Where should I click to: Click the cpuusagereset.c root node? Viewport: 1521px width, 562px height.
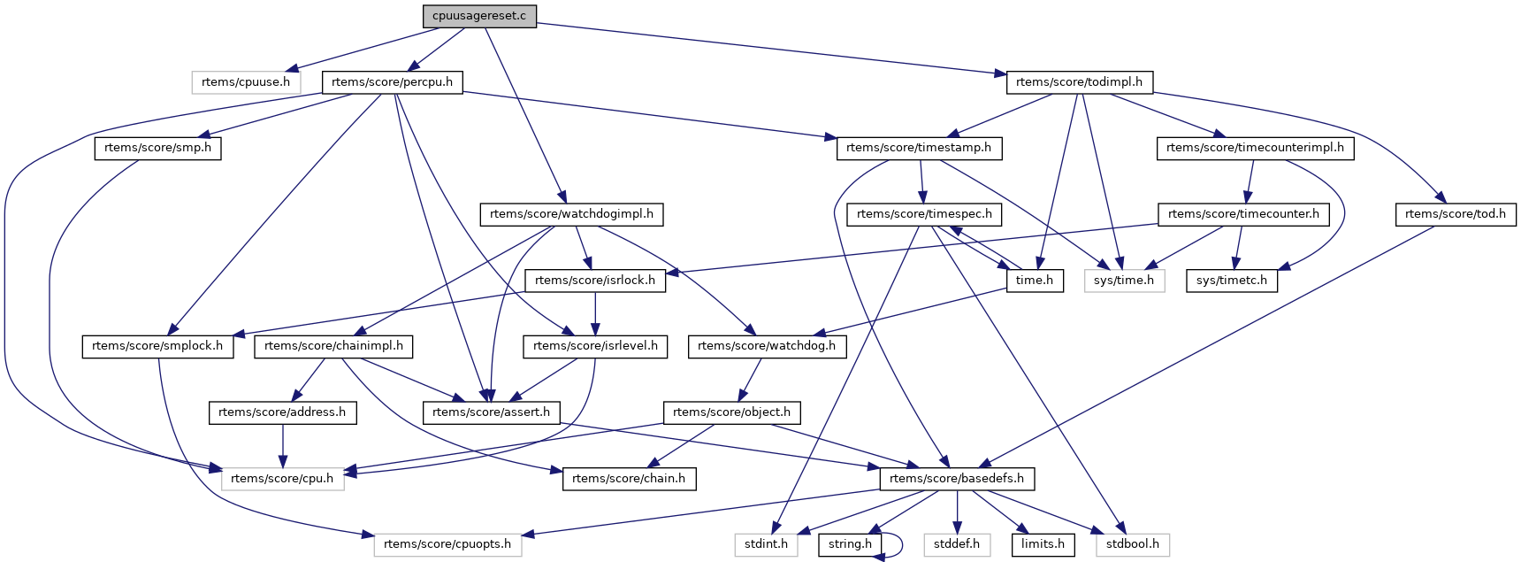click(x=478, y=16)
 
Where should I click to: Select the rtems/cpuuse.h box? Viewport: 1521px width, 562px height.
click(x=246, y=82)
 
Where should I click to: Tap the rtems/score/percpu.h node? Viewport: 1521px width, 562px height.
click(x=392, y=82)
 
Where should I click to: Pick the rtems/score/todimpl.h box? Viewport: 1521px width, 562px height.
click(x=1079, y=82)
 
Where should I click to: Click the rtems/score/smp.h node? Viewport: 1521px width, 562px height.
click(x=157, y=148)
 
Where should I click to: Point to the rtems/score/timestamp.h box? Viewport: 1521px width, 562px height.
click(x=919, y=148)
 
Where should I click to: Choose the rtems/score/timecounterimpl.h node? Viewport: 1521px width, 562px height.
click(x=1255, y=148)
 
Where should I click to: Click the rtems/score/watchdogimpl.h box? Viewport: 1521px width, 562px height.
click(x=571, y=214)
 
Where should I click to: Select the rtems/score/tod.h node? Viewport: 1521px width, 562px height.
click(x=1455, y=214)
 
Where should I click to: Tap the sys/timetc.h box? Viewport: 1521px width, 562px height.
click(x=1231, y=281)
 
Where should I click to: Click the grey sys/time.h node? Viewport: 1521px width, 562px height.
click(x=1123, y=281)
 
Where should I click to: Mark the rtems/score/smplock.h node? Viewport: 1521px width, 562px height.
click(x=157, y=346)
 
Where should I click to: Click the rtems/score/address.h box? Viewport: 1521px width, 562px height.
click(x=282, y=412)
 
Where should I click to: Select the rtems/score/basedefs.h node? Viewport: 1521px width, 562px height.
click(x=956, y=479)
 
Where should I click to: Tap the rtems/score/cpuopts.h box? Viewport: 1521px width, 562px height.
click(x=447, y=544)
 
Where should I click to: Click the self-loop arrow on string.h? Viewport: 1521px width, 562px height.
click(x=901, y=544)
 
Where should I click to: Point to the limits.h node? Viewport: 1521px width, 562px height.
click(x=1043, y=544)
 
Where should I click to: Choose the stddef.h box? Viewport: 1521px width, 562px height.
click(x=956, y=544)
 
